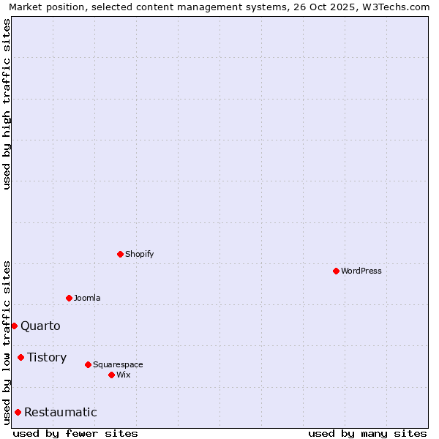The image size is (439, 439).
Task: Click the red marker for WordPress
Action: click(336, 271)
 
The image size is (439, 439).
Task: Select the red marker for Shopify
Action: click(120, 254)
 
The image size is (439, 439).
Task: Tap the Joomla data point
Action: click(69, 298)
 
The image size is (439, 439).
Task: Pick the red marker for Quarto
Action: click(14, 326)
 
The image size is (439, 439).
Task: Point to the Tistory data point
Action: click(20, 357)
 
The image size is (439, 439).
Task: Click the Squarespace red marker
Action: click(88, 364)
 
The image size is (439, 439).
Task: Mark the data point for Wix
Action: click(111, 375)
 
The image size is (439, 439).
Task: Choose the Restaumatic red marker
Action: click(18, 412)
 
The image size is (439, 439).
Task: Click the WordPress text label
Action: click(361, 271)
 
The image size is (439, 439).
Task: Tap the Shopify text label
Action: click(139, 254)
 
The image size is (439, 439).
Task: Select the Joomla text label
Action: click(87, 298)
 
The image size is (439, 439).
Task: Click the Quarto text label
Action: click(40, 326)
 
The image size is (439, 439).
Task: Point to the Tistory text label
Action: click(47, 357)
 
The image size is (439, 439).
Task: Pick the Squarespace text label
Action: click(118, 364)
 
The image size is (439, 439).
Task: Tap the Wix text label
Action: click(123, 375)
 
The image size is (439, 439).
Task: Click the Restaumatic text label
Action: click(60, 412)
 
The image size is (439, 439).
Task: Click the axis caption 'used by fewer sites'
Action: click(75, 433)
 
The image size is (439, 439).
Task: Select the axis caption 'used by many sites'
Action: click(367, 433)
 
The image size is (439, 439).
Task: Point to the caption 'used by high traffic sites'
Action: click(7, 105)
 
